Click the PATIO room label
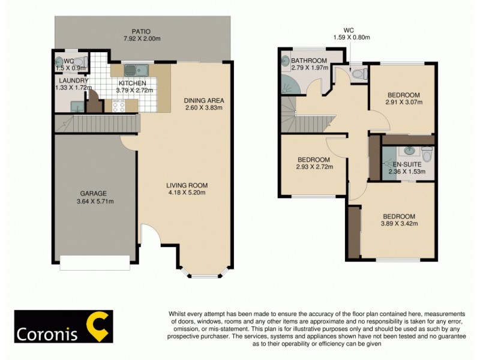[x=142, y=31]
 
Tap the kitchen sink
[x=130, y=70]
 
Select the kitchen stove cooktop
[x=118, y=106]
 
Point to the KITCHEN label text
[x=133, y=83]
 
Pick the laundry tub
[x=76, y=106]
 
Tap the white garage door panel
[x=95, y=262]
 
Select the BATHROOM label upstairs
[x=309, y=61]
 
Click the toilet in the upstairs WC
[x=358, y=74]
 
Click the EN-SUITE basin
[x=410, y=151]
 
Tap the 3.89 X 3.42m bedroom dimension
[x=399, y=224]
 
